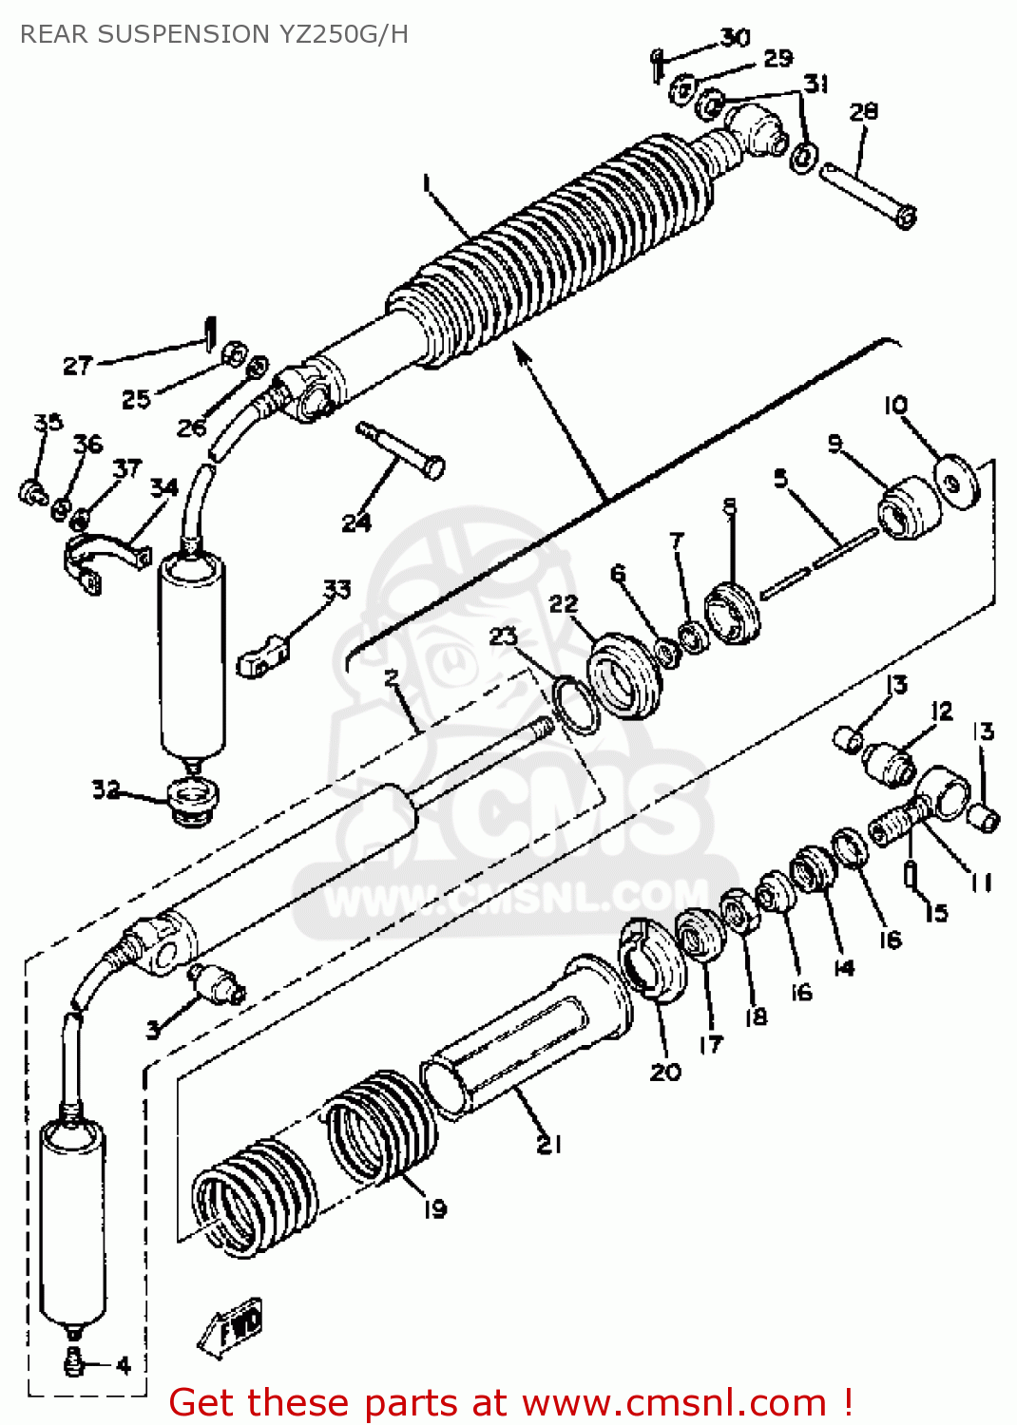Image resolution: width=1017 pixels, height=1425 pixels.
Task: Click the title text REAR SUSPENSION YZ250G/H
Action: coord(214,34)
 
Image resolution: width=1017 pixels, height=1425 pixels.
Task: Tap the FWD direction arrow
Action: coord(232,1325)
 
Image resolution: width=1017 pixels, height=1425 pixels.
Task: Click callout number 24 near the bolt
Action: coord(356,522)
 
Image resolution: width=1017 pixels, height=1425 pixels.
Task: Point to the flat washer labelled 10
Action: coord(955,482)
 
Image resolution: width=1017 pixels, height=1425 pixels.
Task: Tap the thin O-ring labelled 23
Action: coord(575,705)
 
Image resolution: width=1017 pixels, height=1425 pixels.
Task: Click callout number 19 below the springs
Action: coord(434,1208)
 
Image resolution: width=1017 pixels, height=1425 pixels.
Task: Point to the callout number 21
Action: coord(548,1145)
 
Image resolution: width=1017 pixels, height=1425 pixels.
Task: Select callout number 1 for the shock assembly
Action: coord(427,181)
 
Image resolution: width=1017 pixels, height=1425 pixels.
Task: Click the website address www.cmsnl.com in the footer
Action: coord(674,1403)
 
